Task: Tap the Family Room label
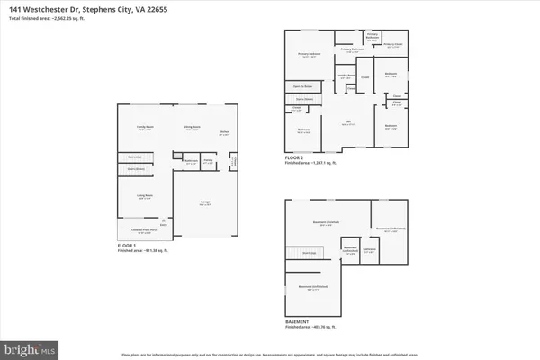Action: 143,128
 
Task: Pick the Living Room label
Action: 144,195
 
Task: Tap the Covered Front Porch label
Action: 139,230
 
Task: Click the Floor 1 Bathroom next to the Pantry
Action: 191,164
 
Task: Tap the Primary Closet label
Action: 392,44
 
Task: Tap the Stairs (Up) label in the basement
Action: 308,255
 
